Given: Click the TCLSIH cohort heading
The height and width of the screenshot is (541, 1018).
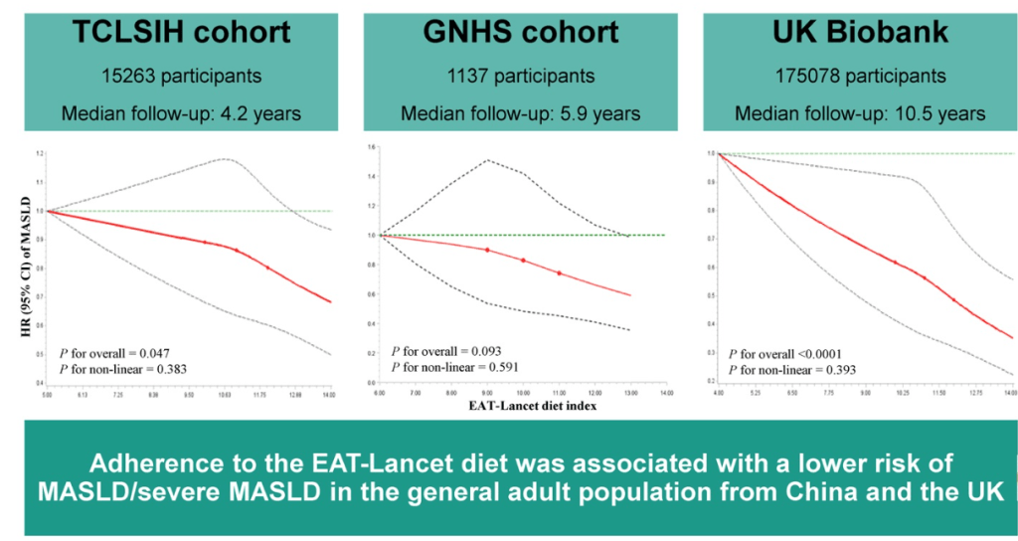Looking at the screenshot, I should [181, 32].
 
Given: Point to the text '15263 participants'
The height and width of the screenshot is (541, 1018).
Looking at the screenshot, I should [181, 75].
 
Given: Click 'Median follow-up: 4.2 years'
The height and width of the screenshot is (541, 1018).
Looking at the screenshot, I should [181, 112].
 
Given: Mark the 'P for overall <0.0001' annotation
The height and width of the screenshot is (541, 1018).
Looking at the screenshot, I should [788, 353].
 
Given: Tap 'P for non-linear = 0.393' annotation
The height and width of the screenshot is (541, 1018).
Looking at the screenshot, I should [792, 370].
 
